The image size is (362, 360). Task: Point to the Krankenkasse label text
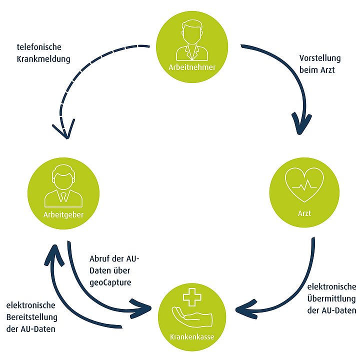[x=192, y=336]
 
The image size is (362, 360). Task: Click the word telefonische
[x=38, y=47]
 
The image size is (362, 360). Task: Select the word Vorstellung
[x=320, y=58]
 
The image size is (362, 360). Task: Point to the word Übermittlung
[x=330, y=298]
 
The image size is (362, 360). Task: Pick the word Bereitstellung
[x=31, y=317]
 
